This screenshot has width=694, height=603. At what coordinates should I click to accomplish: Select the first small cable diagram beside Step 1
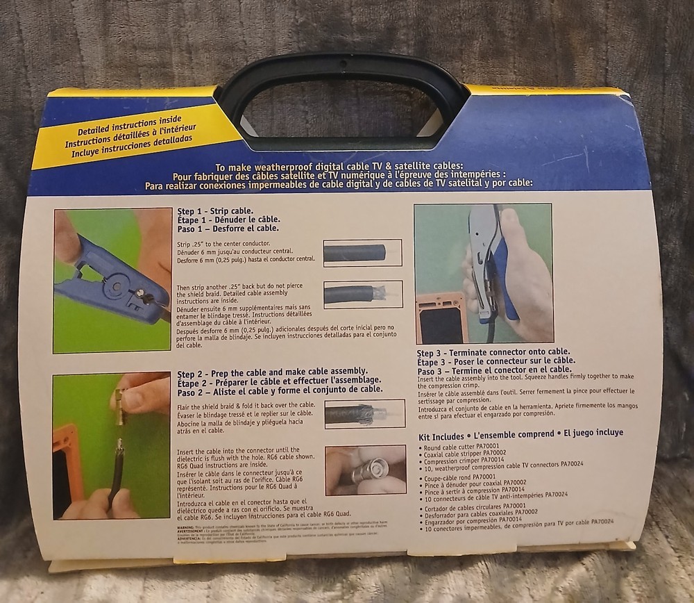(362, 253)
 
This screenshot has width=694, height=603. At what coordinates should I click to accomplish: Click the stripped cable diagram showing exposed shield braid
(362, 294)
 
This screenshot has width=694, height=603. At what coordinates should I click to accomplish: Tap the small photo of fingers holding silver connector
(365, 470)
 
